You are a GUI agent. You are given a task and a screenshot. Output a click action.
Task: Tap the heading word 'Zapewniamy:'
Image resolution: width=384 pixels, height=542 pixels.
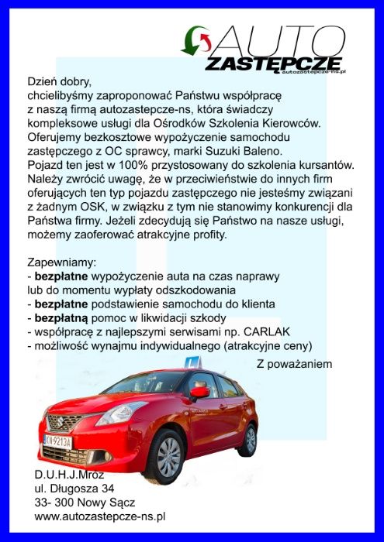(x=61, y=262)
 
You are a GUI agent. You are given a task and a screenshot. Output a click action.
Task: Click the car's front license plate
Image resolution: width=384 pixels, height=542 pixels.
(x=58, y=441)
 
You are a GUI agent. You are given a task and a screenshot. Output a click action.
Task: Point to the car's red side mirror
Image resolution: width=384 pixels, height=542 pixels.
(x=200, y=393)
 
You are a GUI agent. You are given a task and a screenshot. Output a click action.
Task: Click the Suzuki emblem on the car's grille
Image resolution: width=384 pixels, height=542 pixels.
(x=53, y=421)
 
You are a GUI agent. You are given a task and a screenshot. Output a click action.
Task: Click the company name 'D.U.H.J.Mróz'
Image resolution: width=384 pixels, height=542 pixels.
(x=69, y=474)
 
